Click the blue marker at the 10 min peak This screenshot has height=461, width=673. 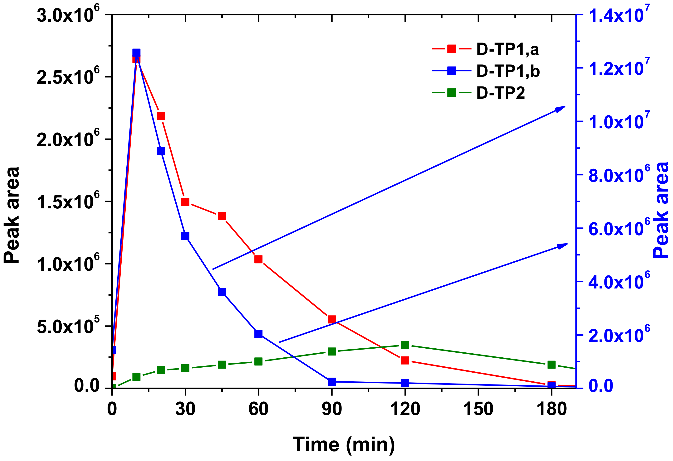click(136, 53)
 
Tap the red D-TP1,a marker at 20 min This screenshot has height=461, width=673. click(161, 116)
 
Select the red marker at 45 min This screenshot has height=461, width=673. click(222, 216)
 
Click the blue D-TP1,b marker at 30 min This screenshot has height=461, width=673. click(185, 236)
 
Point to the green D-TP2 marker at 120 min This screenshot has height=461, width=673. click(405, 345)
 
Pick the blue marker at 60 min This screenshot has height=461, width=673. click(259, 333)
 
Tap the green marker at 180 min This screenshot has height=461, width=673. click(552, 365)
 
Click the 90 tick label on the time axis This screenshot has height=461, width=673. click(332, 409)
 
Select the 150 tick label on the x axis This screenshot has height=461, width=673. click(478, 409)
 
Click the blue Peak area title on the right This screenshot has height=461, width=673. click(661, 211)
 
